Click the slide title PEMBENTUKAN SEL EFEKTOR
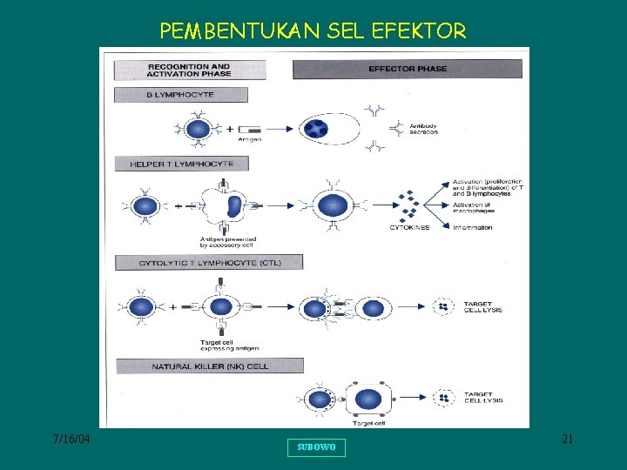click(313, 32)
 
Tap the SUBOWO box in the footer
click(316, 447)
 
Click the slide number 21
click(567, 440)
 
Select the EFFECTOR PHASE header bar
click(408, 70)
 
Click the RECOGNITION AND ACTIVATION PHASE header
click(188, 70)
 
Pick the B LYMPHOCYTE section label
click(181, 95)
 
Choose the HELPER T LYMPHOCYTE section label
click(181, 164)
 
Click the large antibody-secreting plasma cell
click(327, 130)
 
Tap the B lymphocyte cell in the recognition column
click(199, 130)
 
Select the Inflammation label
click(473, 228)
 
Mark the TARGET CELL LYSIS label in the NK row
click(483, 398)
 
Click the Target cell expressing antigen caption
click(229, 345)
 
